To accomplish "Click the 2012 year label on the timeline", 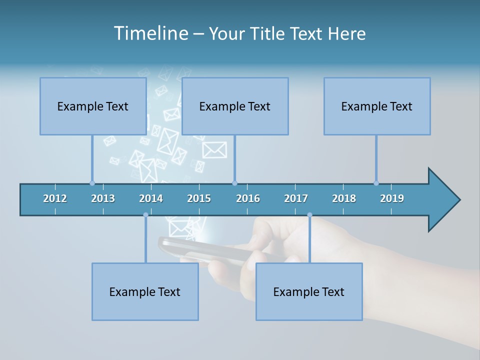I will point(55,198).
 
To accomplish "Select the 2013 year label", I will point(103,198).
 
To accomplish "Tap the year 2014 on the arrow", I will point(151,198).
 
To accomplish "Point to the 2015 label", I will point(199,198).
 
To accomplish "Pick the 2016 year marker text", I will point(248,198).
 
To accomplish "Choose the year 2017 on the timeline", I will point(296,198).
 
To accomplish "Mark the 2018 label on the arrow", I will point(344,198).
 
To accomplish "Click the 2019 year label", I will point(392,198).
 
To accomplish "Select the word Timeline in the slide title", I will point(150,33).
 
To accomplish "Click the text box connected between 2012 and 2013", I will point(93,106).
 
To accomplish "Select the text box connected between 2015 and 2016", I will point(235,106).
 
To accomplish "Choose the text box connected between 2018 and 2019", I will point(377,106).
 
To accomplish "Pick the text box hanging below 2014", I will point(145,291).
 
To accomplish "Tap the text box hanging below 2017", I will point(309,291).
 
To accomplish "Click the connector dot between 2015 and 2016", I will point(235,183).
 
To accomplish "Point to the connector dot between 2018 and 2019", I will point(376,183).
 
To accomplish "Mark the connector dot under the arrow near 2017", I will point(309,215).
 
